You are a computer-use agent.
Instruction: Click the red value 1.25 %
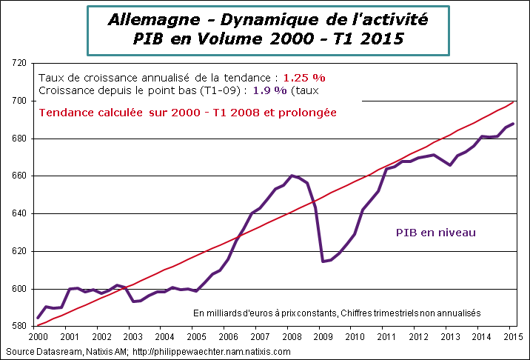click(x=304, y=77)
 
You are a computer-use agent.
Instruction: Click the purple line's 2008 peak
click(x=292, y=176)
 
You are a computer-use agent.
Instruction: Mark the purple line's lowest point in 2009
click(x=322, y=261)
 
